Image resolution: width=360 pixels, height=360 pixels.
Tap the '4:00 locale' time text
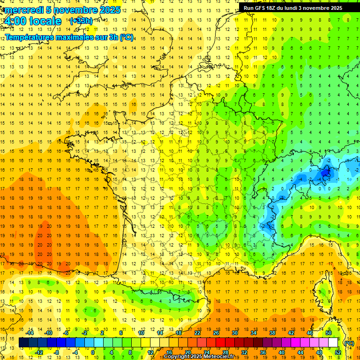(33, 21)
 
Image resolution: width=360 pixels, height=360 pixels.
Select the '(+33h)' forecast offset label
(81, 21)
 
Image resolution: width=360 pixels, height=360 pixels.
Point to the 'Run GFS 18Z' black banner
(293, 8)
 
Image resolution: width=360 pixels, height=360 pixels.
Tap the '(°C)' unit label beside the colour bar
(349, 343)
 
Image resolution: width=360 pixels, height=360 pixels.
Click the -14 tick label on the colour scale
(30, 333)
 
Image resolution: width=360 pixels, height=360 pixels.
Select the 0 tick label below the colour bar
(93, 352)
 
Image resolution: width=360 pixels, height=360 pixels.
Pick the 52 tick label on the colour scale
(338, 352)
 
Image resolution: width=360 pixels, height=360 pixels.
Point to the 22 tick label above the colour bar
(197, 333)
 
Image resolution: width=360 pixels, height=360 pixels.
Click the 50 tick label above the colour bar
(328, 333)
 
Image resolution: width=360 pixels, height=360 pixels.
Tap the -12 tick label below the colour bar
(39, 352)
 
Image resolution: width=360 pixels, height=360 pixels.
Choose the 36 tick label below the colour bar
(262, 352)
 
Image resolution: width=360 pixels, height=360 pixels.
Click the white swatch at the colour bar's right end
(333, 343)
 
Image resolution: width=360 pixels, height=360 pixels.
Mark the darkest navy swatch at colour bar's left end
(23, 343)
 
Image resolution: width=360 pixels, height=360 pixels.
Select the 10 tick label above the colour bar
(141, 333)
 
